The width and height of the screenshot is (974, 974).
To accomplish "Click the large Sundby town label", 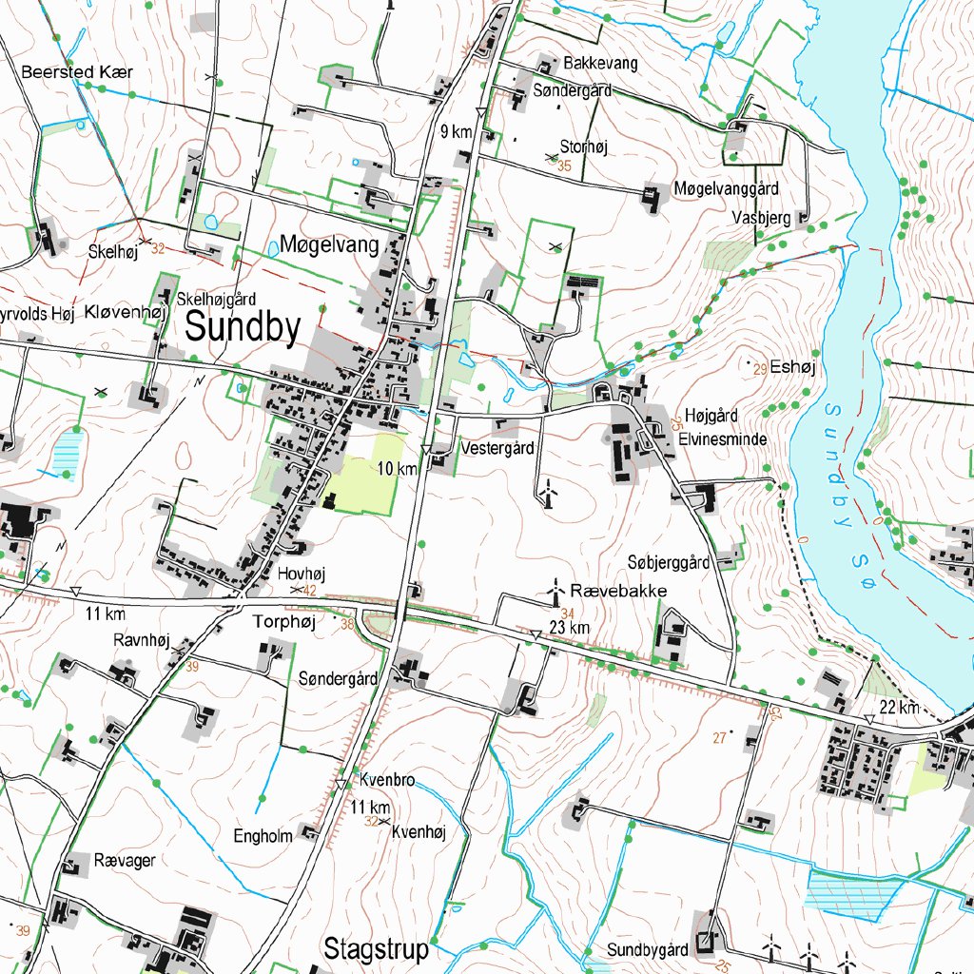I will pos(243,328).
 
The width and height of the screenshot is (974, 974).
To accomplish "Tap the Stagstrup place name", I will pos(376,949).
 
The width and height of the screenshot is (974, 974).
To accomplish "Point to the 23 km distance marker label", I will pos(570,628).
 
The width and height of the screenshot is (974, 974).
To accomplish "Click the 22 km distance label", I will pos(899,708).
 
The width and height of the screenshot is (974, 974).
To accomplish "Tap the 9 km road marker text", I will pos(457,132).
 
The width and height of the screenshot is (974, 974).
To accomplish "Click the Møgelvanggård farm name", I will pos(728,188).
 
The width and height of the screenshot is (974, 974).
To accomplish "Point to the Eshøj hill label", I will pos(789,366).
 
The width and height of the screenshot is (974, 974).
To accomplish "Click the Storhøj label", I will pos(584,146).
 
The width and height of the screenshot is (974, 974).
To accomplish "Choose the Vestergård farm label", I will pos(497,447).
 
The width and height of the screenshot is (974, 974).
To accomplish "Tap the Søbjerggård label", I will pos(670,562).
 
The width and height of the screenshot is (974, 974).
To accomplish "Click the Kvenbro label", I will pos(387,781).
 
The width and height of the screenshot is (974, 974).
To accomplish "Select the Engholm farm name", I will pos(263,836).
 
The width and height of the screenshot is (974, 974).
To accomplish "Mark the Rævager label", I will pos(125,860).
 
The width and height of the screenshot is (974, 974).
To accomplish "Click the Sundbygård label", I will pos(648,950).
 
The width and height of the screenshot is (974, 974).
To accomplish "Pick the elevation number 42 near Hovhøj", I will pos(310,592).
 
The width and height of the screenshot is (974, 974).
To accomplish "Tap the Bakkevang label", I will pos(601,63).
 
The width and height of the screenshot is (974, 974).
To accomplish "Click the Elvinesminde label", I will pos(723,440).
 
